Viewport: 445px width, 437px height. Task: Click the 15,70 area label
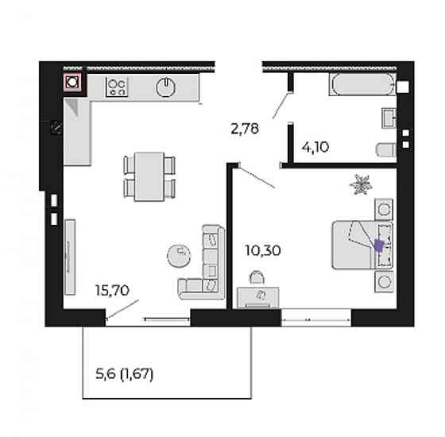tap(112, 290)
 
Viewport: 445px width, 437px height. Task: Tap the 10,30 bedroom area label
tap(263, 250)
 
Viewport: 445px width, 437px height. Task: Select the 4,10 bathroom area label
tap(315, 147)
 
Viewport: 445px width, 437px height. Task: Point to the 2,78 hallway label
tap(245, 129)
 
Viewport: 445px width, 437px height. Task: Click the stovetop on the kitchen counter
tap(117, 87)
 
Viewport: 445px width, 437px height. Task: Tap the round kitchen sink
tap(166, 87)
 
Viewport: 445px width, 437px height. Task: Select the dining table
tap(149, 176)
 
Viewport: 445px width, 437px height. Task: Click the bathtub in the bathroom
tap(362, 84)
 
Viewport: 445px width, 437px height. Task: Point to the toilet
tap(386, 149)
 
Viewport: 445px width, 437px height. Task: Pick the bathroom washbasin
tap(389, 118)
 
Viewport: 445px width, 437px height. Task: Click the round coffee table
tap(179, 256)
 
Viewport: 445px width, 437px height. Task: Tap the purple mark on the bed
tap(378, 246)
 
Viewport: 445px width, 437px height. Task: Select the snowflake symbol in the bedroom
tap(361, 184)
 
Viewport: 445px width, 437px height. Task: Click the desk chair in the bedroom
tap(257, 277)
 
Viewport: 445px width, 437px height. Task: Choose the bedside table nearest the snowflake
tap(384, 209)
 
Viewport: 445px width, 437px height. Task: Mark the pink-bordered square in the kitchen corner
tap(72, 82)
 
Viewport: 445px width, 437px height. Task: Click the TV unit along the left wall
tap(70, 257)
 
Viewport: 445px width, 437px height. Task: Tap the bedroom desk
tap(258, 297)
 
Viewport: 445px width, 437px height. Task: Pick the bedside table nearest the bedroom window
tap(384, 281)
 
